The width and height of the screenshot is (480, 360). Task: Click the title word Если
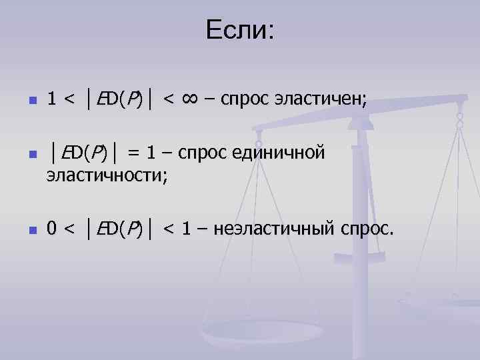click(x=239, y=30)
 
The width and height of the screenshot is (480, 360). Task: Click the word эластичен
click(x=320, y=101)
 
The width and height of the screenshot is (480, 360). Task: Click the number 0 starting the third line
click(x=51, y=229)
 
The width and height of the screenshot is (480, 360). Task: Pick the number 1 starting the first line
click(x=51, y=101)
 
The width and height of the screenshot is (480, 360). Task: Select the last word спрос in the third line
click(x=367, y=229)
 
